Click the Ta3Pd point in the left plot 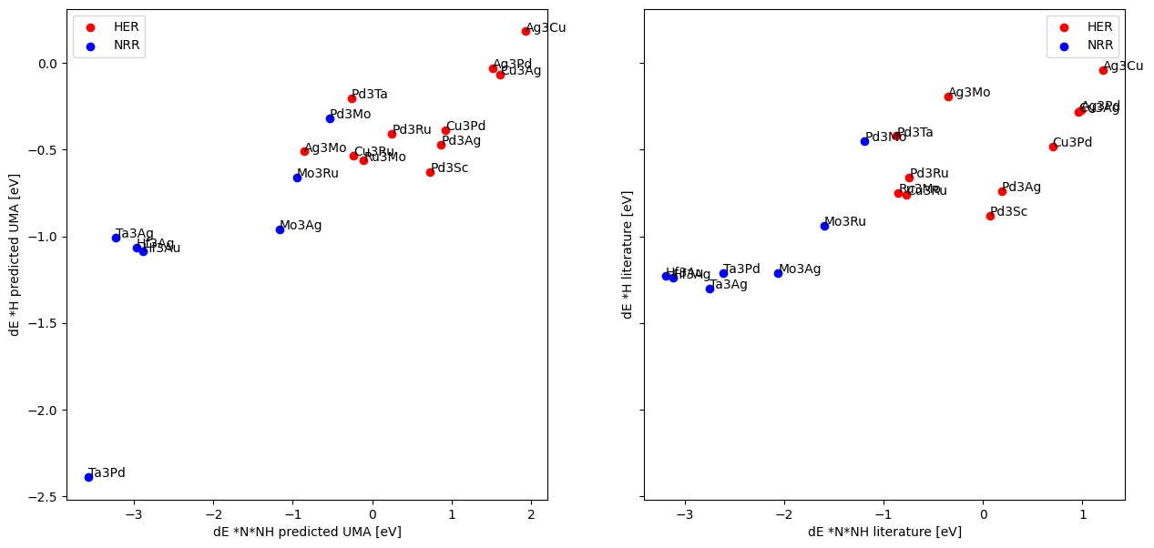[x=88, y=477]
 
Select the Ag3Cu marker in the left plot [x=526, y=31]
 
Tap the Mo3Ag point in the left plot [x=280, y=229]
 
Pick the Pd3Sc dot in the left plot [x=430, y=172]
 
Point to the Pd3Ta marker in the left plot [x=352, y=98]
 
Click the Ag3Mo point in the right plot [x=948, y=96]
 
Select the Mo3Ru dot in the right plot [x=824, y=226]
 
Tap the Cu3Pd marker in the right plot [x=1053, y=147]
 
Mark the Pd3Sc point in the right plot [x=990, y=216]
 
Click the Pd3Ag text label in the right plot [x=1021, y=187]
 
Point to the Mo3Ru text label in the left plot [x=317, y=173]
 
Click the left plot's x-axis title [x=307, y=532]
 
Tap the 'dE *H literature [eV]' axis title [x=628, y=254]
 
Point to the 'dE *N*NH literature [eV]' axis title [x=884, y=532]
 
